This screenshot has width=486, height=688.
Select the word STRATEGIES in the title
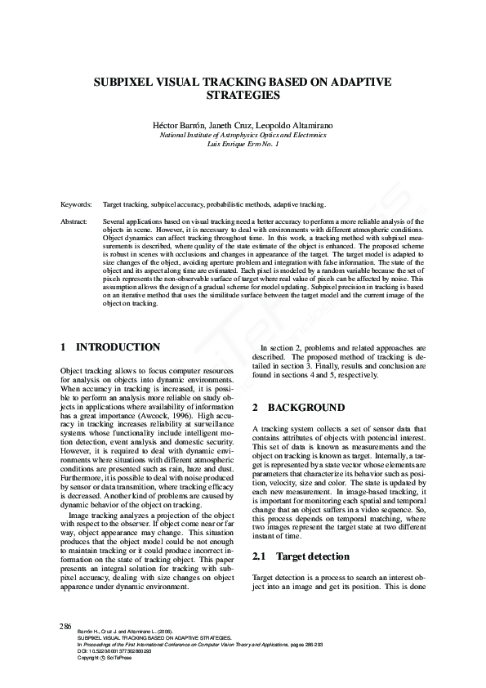tap(243, 96)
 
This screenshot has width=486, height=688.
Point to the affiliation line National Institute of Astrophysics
tap(243, 134)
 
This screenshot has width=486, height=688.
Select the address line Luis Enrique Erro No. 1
tap(243, 143)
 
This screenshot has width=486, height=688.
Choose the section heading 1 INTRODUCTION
tap(110, 347)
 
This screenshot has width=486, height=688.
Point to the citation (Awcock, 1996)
tap(125, 414)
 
